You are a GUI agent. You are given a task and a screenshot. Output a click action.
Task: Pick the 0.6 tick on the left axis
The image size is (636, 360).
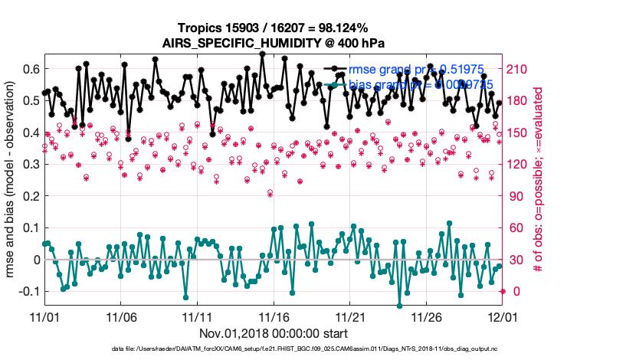pos(30,69)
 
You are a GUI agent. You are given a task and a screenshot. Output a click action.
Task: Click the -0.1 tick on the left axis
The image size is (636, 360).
pos(28,292)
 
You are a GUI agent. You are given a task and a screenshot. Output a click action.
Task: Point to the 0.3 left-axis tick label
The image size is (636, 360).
pos(30,164)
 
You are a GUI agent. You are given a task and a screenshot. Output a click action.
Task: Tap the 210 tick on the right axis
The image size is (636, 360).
pos(520,69)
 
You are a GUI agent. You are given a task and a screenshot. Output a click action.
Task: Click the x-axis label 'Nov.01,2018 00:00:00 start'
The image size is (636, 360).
pos(274,334)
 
